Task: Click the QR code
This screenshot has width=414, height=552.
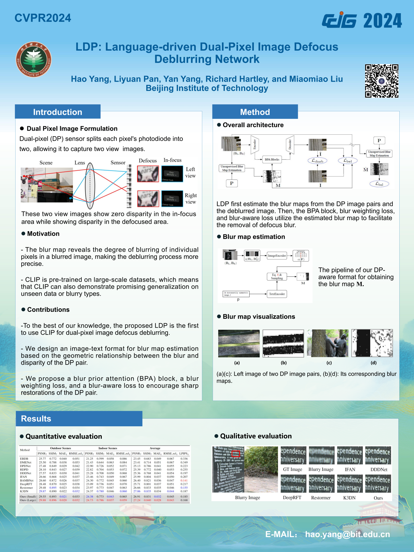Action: pyautogui.click(x=382, y=81)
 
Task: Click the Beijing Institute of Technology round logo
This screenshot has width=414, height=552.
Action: pyautogui.click(x=34, y=60)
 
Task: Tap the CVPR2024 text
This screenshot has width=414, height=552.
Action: pyautogui.click(x=43, y=18)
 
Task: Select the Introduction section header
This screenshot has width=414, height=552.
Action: pyautogui.click(x=57, y=112)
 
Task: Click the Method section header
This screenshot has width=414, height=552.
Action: pyautogui.click(x=255, y=112)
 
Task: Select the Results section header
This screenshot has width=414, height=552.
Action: pyautogui.click(x=36, y=419)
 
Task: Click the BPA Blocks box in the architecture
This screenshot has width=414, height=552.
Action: pyautogui.click(x=272, y=159)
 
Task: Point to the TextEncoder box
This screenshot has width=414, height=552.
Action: pyautogui.click(x=277, y=294)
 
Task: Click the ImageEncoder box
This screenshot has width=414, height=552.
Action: pyautogui.click(x=277, y=255)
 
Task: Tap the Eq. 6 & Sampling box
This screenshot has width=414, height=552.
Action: pyautogui.click(x=277, y=276)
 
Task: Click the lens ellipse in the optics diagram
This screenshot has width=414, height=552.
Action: pyautogui.click(x=90, y=186)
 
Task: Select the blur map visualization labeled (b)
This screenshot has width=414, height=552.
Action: pyautogui.click(x=283, y=343)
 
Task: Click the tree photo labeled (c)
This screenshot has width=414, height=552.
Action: pyautogui.click(x=327, y=343)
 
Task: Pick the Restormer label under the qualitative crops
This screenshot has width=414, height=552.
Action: pyautogui.click(x=321, y=498)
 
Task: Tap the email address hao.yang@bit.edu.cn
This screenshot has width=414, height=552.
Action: pyautogui.click(x=347, y=534)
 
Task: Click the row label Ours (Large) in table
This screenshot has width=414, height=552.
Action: pyautogui.click(x=28, y=500)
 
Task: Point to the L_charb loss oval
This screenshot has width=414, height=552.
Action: pyautogui.click(x=317, y=161)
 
